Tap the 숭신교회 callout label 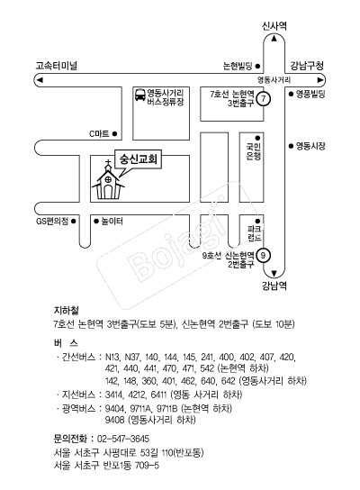pyautogui.click(x=139, y=159)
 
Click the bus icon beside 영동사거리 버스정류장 pyautogui.click(x=140, y=95)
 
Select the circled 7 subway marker pyautogui.click(x=264, y=99)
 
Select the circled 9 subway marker pyautogui.click(x=263, y=256)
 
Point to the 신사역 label pyautogui.click(x=274, y=26)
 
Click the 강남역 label pyautogui.click(x=274, y=286)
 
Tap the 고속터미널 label pyautogui.click(x=56, y=66)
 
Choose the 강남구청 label pyautogui.click(x=307, y=66)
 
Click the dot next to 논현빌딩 pyautogui.click(x=257, y=66)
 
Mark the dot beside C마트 pyautogui.click(x=114, y=133)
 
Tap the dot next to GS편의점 pyautogui.click(x=74, y=222)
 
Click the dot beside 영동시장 pyautogui.click(x=291, y=146)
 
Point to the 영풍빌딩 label pyautogui.click(x=310, y=94)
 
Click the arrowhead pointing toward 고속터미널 pyautogui.click(x=40, y=79)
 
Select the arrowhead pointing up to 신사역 pyautogui.click(x=274, y=39)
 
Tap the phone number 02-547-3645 pyautogui.click(x=123, y=439)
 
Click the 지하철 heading pyautogui.click(x=67, y=311)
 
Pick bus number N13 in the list pyautogui.click(x=112, y=357)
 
